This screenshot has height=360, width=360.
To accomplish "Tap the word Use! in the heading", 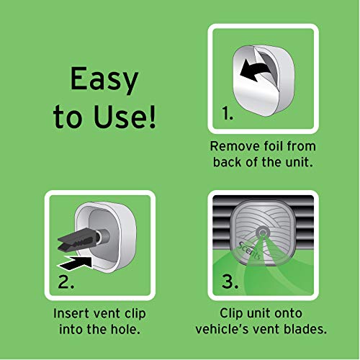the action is click(x=125, y=117).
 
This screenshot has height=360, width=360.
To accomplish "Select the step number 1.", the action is click(x=228, y=113).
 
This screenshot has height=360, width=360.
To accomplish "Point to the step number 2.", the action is click(x=66, y=282).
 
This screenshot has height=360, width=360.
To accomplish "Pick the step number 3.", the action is click(x=230, y=282).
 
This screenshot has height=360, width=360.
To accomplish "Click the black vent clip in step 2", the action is click(x=79, y=242).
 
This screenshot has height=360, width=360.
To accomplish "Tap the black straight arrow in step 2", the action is click(x=74, y=263).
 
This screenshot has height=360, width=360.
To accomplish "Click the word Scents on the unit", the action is click(x=249, y=251).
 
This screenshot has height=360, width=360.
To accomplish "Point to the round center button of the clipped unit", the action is click(x=263, y=233).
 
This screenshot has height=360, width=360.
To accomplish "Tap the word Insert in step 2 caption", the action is click(x=68, y=313).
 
